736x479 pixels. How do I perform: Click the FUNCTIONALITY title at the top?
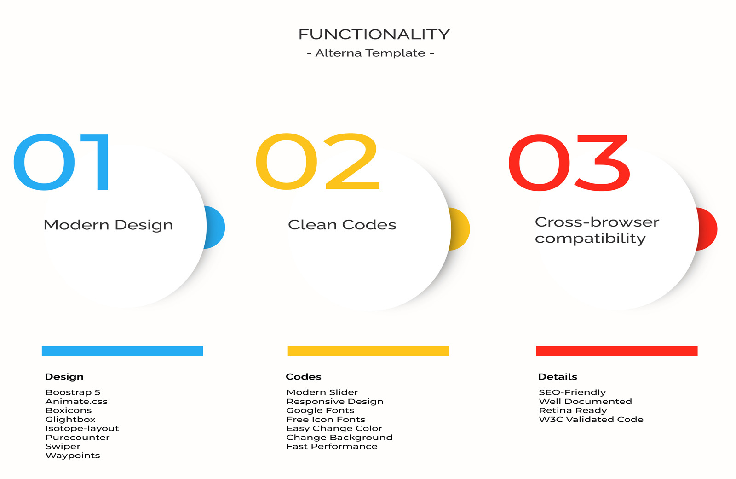point(374,35)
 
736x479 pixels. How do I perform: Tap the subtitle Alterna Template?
point(371,53)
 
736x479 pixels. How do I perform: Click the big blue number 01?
point(62,162)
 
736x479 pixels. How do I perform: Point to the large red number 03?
point(569,163)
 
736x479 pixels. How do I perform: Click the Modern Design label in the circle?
point(108,225)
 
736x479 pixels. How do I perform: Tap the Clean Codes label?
point(342,225)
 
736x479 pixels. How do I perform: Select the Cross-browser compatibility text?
point(596,230)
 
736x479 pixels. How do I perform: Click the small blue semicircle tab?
point(216,227)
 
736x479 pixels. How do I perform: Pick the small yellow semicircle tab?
point(461,229)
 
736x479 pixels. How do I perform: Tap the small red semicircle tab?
point(708,229)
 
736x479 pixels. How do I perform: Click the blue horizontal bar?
point(122,351)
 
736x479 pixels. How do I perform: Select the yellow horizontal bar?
point(368,351)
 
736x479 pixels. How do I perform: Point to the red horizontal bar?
point(616,351)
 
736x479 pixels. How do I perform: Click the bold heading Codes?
point(304,377)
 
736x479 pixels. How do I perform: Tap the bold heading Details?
point(558,377)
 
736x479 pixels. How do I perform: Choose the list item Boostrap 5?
point(73,392)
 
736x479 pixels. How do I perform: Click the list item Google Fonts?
point(320,410)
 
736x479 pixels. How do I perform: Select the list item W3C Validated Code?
point(591,420)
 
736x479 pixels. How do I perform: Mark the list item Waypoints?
point(73,456)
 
